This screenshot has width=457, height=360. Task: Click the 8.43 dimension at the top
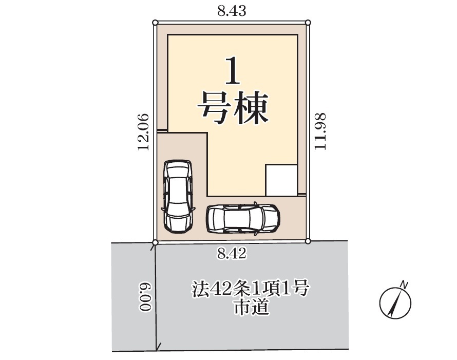tap(232, 11)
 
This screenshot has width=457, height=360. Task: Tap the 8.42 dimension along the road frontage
tap(232, 253)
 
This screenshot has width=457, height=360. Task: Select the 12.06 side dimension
tap(143, 132)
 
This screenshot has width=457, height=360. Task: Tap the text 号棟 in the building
tap(233, 108)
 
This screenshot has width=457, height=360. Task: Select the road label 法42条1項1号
tap(250, 289)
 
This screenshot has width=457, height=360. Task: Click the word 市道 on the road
tap(252, 307)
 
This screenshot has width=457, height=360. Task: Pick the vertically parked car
tap(178, 196)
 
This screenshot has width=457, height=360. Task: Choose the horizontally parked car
tap(243, 219)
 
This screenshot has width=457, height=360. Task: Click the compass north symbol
tap(395, 303)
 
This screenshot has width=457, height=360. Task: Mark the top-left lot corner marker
tap(156, 23)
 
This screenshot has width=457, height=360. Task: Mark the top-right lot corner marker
tap(308, 23)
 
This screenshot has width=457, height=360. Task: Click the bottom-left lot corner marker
tap(156, 242)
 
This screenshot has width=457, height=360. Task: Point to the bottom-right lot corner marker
tap(308, 241)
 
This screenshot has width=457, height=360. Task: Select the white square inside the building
tap(281, 180)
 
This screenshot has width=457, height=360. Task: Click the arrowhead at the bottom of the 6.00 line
tap(158, 348)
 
